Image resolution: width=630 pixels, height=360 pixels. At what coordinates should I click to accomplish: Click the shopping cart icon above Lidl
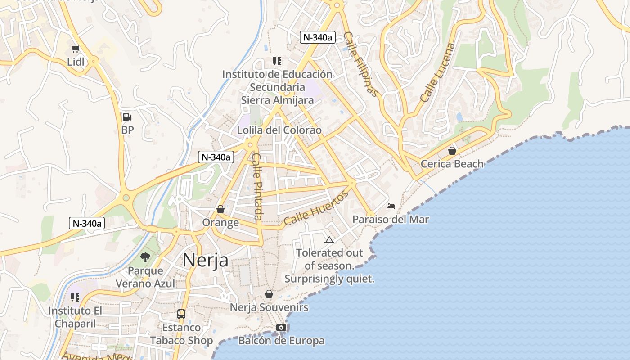pyautogui.click(x=75, y=49)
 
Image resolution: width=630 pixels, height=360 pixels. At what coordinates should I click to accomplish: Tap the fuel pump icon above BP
pyautogui.click(x=127, y=117)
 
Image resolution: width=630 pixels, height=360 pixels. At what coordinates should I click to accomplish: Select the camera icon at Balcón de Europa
pyautogui.click(x=281, y=327)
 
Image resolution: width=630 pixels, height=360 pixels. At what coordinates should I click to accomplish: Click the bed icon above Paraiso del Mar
pyautogui.click(x=391, y=206)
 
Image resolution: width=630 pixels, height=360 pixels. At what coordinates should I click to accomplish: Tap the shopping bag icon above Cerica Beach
pyautogui.click(x=452, y=150)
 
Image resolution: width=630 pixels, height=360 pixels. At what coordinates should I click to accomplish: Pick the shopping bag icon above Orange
pyautogui.click(x=220, y=209)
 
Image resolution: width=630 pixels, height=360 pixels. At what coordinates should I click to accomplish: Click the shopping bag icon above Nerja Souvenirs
pyautogui.click(x=269, y=294)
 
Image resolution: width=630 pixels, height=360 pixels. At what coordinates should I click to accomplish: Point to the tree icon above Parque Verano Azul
pyautogui.click(x=145, y=257)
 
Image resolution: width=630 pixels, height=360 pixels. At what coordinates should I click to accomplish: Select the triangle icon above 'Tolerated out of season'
pyautogui.click(x=329, y=240)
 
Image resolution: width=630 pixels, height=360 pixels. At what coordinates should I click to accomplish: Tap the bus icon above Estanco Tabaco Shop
pyautogui.click(x=181, y=314)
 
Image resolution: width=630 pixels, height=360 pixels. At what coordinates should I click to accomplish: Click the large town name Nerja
pyautogui.click(x=205, y=260)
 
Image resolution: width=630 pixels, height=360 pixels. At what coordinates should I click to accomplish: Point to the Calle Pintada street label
pyautogui.click(x=257, y=187)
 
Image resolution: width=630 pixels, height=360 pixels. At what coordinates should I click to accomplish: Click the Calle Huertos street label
pyautogui.click(x=316, y=208)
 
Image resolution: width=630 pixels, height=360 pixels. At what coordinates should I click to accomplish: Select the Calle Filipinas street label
pyautogui.click(x=361, y=64)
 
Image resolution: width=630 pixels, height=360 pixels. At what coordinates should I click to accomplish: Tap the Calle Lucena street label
pyautogui.click(x=438, y=72)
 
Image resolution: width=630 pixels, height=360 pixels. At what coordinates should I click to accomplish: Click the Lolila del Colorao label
pyautogui.click(x=279, y=130)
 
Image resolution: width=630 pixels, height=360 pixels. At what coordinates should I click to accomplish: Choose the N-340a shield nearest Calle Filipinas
pyautogui.click(x=318, y=37)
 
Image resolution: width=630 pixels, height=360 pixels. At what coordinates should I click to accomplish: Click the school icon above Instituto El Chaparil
pyautogui.click(x=75, y=297)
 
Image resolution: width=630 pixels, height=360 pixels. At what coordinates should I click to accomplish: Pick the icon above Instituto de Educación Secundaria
pyautogui.click(x=277, y=61)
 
